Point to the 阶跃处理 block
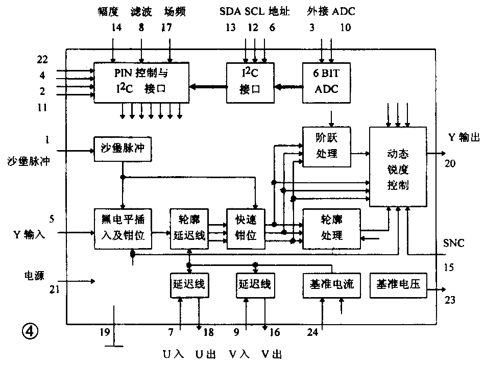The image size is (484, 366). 327,147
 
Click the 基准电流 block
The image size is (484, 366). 328,284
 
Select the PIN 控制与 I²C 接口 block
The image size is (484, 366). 141,82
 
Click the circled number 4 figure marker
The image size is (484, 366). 30,332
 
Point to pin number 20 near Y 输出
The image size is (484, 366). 449,164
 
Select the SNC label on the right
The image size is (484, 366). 454,243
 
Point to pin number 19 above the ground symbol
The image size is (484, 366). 105,333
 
